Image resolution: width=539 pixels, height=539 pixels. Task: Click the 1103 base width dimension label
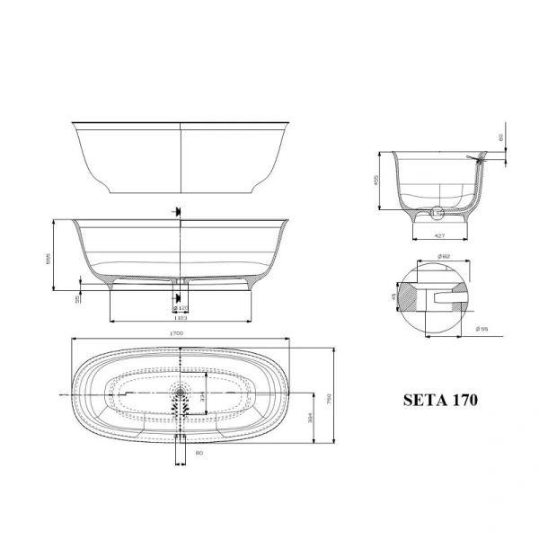(x=180, y=317)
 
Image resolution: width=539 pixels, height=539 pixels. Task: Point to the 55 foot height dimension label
(x=78, y=296)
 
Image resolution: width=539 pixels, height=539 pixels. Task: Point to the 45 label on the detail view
(x=393, y=296)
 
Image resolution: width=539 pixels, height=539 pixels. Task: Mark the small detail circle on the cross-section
(x=437, y=214)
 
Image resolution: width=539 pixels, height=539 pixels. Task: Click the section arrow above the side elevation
(x=178, y=212)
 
